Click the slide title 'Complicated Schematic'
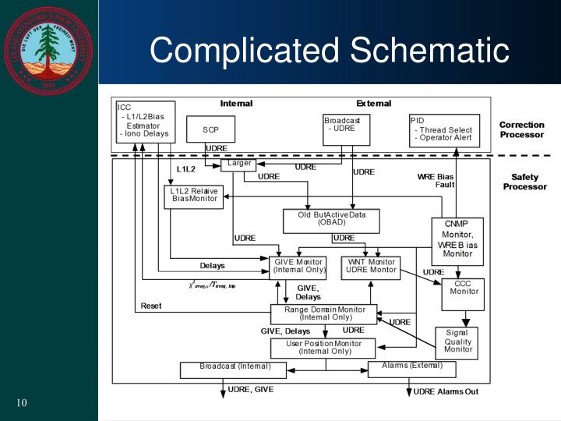(x=329, y=51)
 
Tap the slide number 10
(x=21, y=402)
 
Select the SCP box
(x=210, y=129)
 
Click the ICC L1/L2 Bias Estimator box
(x=145, y=122)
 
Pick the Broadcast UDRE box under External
(x=346, y=129)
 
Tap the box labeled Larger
(x=238, y=165)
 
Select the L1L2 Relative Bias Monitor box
(x=194, y=196)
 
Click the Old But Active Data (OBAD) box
(x=331, y=221)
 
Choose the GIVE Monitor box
(x=298, y=267)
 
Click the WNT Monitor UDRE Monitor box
(x=371, y=267)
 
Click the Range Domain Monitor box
(x=323, y=314)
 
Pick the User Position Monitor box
(x=323, y=348)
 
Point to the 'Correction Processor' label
(x=521, y=129)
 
